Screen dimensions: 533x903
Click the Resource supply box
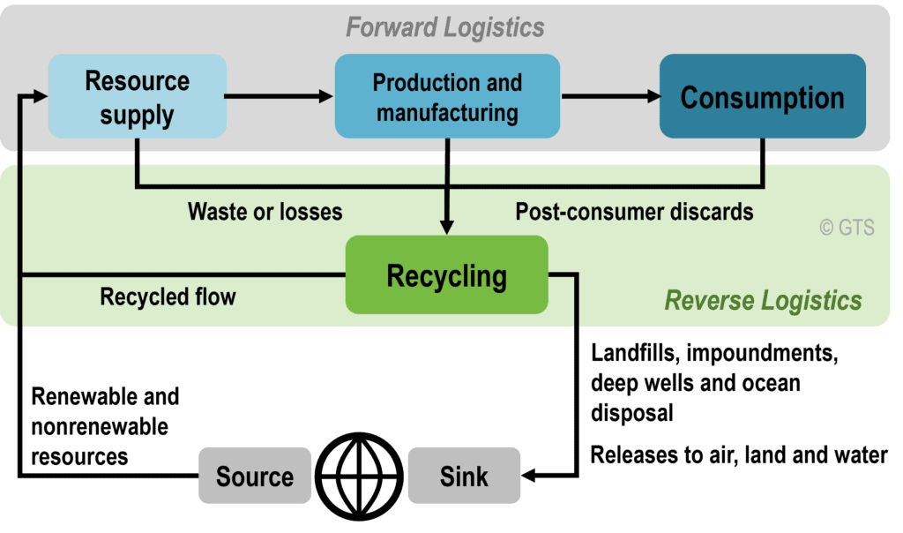[137, 96]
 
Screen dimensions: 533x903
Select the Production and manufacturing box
[447, 96]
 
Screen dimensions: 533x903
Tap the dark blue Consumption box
[762, 96]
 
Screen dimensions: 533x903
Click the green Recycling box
[446, 275]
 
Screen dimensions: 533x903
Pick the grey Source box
[254, 477]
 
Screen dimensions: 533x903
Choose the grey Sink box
[464, 477]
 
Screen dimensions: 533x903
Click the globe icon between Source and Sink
[359, 477]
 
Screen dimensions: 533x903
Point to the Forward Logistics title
[444, 27]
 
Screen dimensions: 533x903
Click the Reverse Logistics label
[763, 300]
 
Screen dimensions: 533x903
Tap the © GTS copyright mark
[847, 228]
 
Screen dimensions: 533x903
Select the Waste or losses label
[265, 212]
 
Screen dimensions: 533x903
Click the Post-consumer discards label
[634, 212]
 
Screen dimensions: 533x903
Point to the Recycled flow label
[168, 297]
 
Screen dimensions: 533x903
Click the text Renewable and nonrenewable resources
[105, 426]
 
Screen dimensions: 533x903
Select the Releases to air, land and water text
[738, 455]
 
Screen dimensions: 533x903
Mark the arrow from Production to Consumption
[608, 96]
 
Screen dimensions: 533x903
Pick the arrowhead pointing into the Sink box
[532, 477]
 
